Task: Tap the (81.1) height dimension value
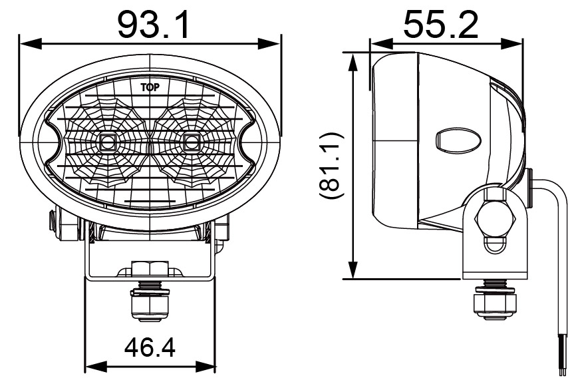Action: click(x=331, y=166)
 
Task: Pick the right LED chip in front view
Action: click(x=192, y=141)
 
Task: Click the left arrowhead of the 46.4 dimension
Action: click(x=92, y=366)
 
